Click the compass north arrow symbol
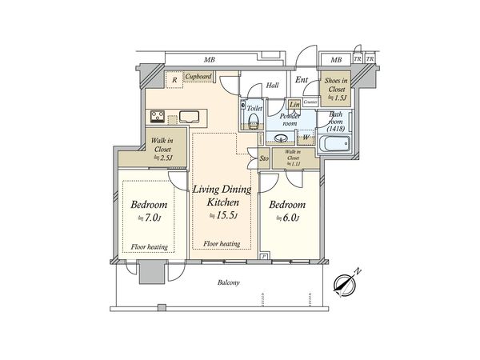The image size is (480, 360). [x=346, y=284]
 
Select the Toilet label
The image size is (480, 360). [x=254, y=106]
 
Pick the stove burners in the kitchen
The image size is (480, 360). [x=156, y=118]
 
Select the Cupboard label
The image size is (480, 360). [x=198, y=77]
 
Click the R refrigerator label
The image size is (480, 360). [x=174, y=78]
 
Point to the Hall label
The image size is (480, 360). [x=272, y=86]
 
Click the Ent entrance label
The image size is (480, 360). [x=302, y=80]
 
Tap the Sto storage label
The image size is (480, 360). [x=264, y=158]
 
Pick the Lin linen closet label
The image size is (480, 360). [x=294, y=105]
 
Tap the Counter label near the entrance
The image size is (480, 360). [x=311, y=102]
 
